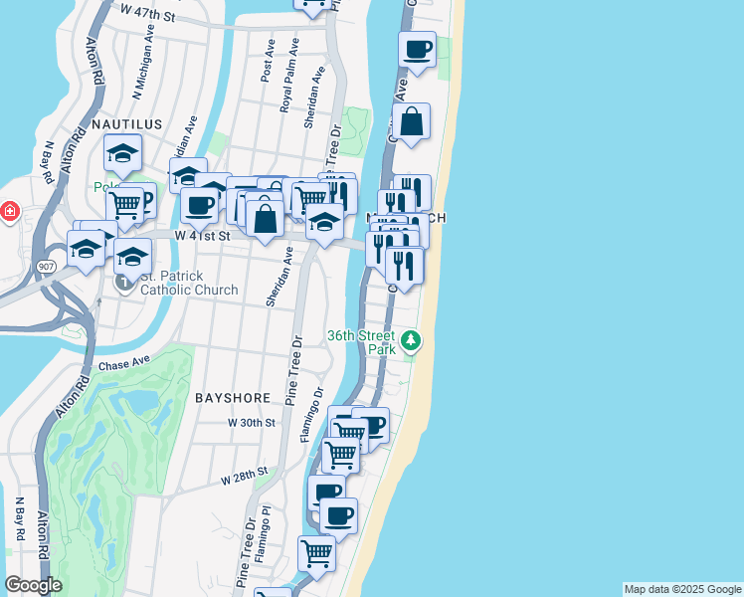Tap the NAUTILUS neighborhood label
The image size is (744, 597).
(x=126, y=123)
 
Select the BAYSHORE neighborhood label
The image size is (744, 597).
(x=233, y=398)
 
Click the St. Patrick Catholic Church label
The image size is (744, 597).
(x=189, y=283)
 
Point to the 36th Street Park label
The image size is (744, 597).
(x=362, y=342)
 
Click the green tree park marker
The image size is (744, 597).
(x=411, y=342)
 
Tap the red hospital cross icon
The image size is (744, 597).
(x=10, y=212)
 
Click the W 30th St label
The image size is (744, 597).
(x=251, y=423)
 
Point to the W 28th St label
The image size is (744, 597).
(x=245, y=474)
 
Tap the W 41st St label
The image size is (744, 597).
(x=202, y=236)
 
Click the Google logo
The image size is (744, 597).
(x=34, y=585)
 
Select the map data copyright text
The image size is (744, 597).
(x=681, y=589)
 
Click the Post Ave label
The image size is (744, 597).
(x=268, y=61)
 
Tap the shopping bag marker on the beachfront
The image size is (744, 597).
(x=411, y=122)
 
